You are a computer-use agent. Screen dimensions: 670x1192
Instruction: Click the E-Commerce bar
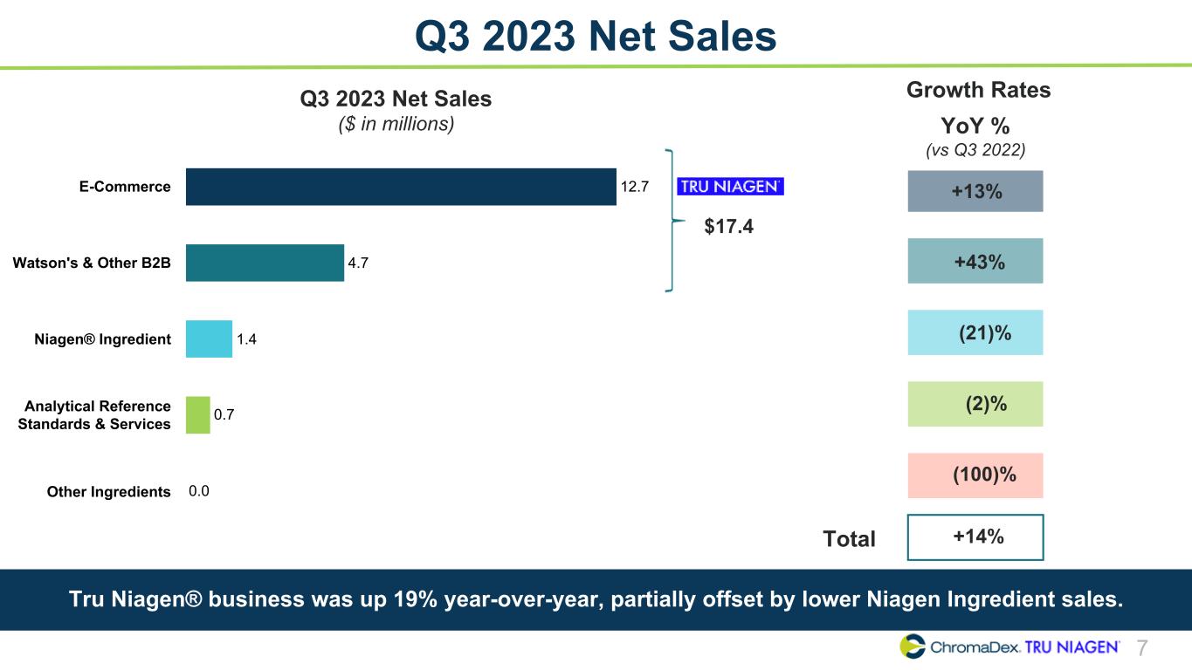pyautogui.click(x=401, y=187)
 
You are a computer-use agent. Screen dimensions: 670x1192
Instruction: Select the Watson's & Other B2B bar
pyautogui.click(x=265, y=263)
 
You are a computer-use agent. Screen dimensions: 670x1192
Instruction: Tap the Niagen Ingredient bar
pyautogui.click(x=209, y=338)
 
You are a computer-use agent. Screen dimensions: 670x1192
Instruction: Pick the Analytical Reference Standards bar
pyautogui.click(x=197, y=415)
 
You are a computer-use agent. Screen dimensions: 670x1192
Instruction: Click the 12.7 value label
pyautogui.click(x=634, y=187)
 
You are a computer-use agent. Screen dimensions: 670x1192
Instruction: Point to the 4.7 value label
pyautogui.click(x=358, y=263)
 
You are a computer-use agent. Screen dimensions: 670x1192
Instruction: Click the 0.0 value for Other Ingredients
pyautogui.click(x=198, y=491)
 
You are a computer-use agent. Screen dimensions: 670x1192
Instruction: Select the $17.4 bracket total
pyautogui.click(x=728, y=227)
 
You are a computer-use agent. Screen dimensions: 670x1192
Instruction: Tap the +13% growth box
pyautogui.click(x=975, y=191)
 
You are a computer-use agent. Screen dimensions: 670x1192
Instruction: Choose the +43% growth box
pyautogui.click(x=975, y=261)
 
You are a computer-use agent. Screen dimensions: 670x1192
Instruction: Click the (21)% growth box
pyautogui.click(x=975, y=332)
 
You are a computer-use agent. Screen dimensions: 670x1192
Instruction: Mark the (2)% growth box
pyautogui.click(x=975, y=404)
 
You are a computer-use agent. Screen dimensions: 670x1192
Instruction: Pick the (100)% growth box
pyautogui.click(x=975, y=475)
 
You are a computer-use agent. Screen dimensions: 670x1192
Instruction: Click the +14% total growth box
pyautogui.click(x=975, y=537)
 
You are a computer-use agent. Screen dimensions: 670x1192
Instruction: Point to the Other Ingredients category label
pyautogui.click(x=109, y=492)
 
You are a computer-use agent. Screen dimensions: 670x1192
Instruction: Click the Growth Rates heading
pyautogui.click(x=978, y=90)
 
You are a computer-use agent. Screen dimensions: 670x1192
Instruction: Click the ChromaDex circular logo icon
pyautogui.click(x=913, y=646)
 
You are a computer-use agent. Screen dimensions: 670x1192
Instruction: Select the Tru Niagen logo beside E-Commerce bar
pyautogui.click(x=731, y=186)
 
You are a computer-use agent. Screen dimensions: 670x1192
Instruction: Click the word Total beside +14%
pyautogui.click(x=849, y=539)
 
